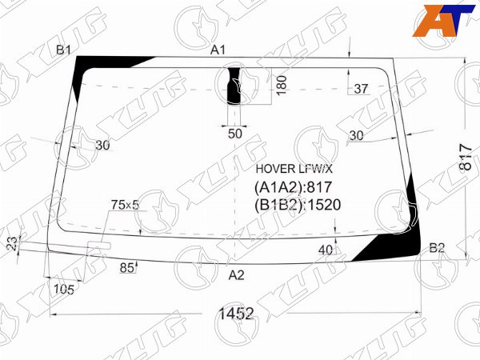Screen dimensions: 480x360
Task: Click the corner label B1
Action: click(63, 50)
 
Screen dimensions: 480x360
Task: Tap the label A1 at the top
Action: click(218, 50)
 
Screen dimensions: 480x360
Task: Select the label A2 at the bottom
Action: click(236, 275)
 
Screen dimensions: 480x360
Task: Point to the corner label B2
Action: click(437, 248)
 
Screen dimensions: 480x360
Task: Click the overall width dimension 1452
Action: click(236, 314)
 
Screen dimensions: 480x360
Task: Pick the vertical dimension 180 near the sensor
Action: click(282, 86)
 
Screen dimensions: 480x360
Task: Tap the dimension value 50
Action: click(234, 134)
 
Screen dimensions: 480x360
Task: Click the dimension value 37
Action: click(360, 89)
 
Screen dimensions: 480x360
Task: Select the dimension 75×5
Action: click(125, 205)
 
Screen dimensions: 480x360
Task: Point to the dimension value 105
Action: click(64, 290)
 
